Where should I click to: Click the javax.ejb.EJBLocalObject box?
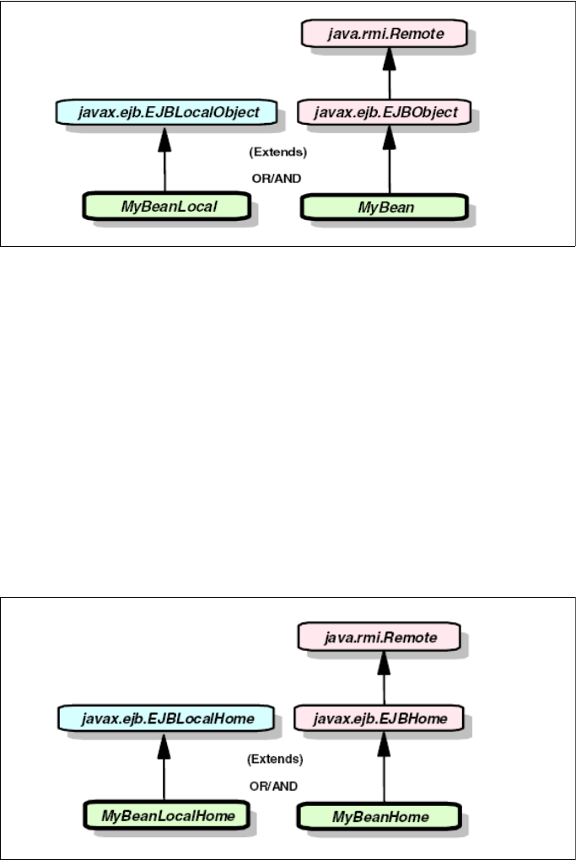pyautogui.click(x=164, y=110)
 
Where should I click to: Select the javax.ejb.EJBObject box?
pyautogui.click(x=389, y=110)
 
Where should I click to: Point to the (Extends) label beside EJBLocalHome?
pyautogui.click(x=275, y=759)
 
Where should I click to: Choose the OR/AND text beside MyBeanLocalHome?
pyautogui.click(x=275, y=785)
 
